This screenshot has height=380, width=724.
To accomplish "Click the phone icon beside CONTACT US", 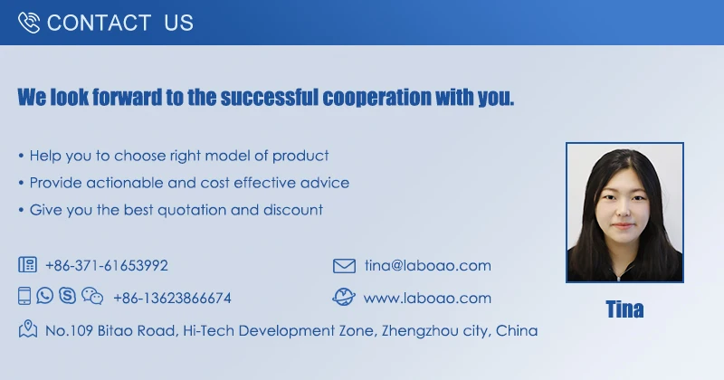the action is (29, 23).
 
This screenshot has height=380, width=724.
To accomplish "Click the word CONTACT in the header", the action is (99, 24).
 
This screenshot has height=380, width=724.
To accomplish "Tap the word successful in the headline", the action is (269, 97).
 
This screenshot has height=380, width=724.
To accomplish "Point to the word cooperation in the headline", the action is (376, 98).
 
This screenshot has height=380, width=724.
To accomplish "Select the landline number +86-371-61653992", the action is (107, 265).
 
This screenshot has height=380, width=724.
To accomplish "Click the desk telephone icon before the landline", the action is (28, 264).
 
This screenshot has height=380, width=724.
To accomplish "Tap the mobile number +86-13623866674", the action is (172, 299).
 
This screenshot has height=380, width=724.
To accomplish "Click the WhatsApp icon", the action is (44, 296).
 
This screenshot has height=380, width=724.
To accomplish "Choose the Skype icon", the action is (67, 296).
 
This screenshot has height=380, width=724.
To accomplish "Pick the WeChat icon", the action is (92, 296).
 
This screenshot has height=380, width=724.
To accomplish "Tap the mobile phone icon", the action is (24, 296).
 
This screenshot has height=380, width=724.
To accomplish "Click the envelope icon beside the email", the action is (345, 266).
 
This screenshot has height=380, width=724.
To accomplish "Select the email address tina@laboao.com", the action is (427, 265).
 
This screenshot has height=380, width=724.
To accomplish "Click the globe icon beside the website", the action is (344, 297).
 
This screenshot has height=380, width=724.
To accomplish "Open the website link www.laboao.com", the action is (427, 299).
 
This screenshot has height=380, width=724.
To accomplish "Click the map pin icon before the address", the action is (28, 328).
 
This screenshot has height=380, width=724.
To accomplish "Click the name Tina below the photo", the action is (624, 309).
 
